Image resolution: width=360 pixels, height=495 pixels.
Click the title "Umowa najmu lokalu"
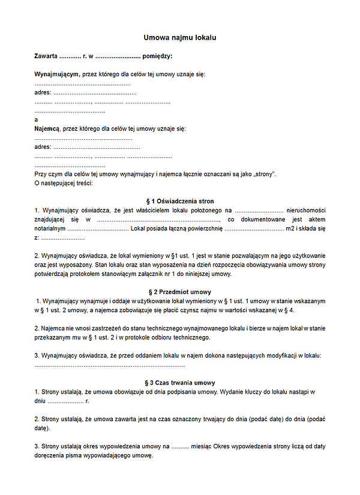pos(180,37)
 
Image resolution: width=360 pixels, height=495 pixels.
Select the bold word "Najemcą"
pos(47,129)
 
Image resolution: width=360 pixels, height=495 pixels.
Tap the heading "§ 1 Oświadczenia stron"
pos(180,201)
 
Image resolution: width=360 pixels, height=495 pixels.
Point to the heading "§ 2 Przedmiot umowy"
pos(180,292)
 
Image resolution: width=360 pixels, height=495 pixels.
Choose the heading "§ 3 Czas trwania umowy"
pos(180,383)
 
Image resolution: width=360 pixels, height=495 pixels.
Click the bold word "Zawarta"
pos(47,56)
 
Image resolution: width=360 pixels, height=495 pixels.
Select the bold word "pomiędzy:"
pos(157,56)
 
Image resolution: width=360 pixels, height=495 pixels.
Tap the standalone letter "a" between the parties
pos(37,120)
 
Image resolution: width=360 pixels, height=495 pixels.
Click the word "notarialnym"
pos(50,229)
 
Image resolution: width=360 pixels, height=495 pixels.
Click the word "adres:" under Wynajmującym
pos(43,93)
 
